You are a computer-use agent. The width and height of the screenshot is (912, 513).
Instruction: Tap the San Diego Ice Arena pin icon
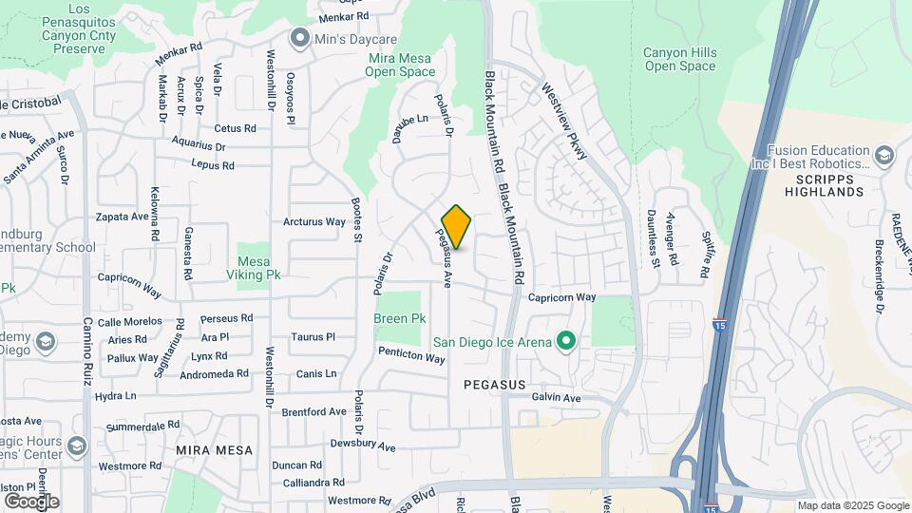coord(567,340)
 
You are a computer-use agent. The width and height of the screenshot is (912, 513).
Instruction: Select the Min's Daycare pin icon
coord(301,38)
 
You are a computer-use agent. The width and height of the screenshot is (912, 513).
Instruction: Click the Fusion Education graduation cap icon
coord(884,155)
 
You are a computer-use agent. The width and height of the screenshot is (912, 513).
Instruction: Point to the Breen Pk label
coord(399,319)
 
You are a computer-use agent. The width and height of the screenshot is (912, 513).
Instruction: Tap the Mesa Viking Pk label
coord(254,269)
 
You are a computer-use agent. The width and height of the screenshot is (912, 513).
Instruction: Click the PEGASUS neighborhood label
coord(494,384)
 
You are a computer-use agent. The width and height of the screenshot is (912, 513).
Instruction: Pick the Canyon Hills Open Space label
coord(679,59)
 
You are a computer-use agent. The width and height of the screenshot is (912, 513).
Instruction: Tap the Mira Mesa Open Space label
coord(402,65)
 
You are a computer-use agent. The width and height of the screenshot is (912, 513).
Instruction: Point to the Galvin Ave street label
coord(556,398)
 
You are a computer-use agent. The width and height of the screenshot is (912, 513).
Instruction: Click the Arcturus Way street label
coord(314,222)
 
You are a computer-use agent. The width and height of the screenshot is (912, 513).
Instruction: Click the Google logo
coord(31,501)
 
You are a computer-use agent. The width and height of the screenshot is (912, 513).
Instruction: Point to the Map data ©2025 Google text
coord(853,505)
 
